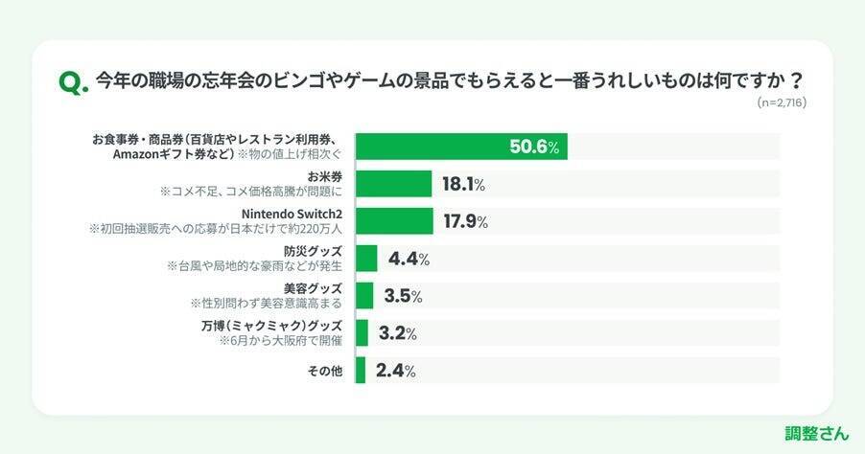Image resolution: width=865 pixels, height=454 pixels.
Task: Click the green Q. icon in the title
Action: point(74,83)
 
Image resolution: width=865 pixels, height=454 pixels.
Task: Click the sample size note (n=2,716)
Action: point(781,102)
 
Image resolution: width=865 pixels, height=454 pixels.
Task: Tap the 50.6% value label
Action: point(538,147)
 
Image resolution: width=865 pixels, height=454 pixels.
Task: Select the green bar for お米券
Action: point(393,184)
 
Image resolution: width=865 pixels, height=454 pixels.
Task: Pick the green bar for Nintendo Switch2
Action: point(393,221)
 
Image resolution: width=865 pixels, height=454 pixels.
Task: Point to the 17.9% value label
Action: point(465,221)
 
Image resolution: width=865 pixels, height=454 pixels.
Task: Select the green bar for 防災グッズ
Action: point(365,259)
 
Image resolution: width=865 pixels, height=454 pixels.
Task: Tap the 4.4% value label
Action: point(408,259)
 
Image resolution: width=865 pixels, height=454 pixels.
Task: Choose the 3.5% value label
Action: point(402,296)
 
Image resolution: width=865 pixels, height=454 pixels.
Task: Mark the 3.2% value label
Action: point(396,333)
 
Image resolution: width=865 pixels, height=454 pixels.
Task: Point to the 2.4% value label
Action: point(394,371)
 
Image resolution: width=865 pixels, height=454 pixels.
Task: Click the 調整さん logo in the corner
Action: point(815,432)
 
